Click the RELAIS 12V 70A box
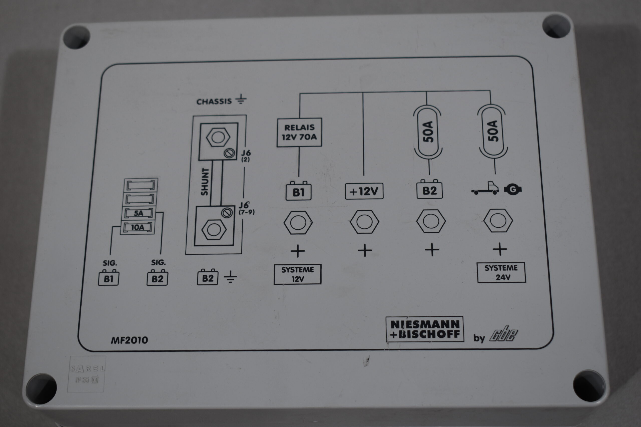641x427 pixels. [x=299, y=132]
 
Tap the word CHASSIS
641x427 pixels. [x=214, y=102]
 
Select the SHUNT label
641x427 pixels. [x=205, y=182]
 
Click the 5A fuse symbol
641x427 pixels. [x=139, y=213]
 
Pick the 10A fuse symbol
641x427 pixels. [x=138, y=227]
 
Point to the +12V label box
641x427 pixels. [x=364, y=191]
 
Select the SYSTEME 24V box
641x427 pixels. [x=502, y=273]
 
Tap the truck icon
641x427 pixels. [x=486, y=188]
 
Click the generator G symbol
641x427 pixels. [x=513, y=189]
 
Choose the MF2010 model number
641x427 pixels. [x=129, y=340]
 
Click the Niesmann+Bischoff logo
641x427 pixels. [x=425, y=329]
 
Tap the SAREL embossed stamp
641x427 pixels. [x=87, y=374]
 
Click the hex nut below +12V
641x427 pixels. [x=364, y=222]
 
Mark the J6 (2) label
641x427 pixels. [x=246, y=156]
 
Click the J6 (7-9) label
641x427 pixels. [x=246, y=208]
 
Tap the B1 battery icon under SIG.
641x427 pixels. [x=108, y=278]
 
